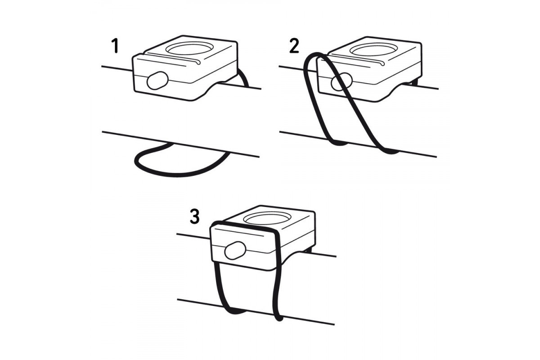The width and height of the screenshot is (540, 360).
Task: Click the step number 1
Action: click(116, 46)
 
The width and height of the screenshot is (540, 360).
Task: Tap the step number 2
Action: click(294, 46)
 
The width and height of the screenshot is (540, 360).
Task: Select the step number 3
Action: click(195, 216)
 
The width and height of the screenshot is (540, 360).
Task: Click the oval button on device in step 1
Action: click(157, 80)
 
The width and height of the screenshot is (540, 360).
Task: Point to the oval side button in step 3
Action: click(235, 250)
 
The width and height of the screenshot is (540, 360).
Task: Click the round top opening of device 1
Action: click(189, 48)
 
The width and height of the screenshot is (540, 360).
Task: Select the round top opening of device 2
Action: click(373, 49)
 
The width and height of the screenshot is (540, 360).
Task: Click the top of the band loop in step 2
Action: click(316, 55)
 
